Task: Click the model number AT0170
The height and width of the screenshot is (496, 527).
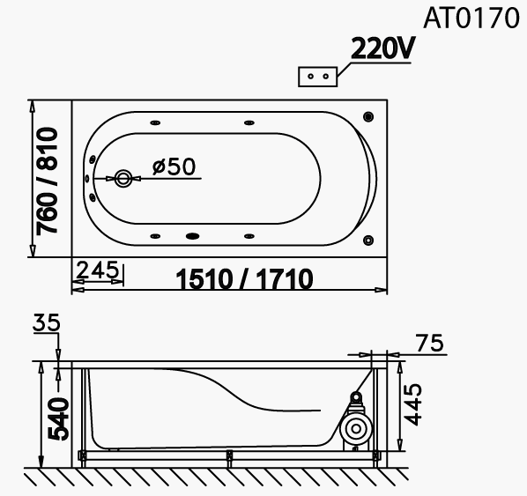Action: coord(471,18)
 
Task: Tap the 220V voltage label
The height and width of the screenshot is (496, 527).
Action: coord(383,48)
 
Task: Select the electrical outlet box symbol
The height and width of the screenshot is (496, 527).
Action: coord(317,77)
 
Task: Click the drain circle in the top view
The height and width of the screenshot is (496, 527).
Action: coord(123,179)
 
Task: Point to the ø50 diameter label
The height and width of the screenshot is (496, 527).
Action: coord(174,166)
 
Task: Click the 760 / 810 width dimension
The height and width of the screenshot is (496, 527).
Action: coord(47,181)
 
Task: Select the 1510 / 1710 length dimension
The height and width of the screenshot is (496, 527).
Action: coord(244,279)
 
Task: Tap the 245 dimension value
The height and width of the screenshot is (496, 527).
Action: coord(98,270)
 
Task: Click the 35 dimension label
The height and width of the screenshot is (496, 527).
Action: coord(47,322)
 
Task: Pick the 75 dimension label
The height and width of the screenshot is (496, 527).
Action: coord(430,343)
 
